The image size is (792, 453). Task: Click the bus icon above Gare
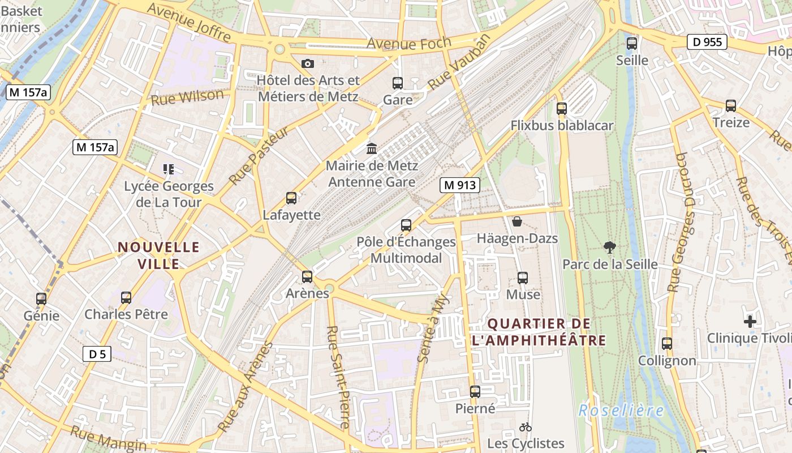pyautogui.click(x=398, y=83)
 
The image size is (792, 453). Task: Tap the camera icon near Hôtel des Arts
pyautogui.click(x=307, y=63)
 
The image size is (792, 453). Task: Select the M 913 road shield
pyautogui.click(x=460, y=185)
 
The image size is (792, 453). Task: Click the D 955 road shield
pyautogui.click(x=707, y=42)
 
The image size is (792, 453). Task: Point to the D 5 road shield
pyautogui.click(x=97, y=354)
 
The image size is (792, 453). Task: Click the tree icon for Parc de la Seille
pyautogui.click(x=609, y=247)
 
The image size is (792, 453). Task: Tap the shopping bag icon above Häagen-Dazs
pyautogui.click(x=516, y=221)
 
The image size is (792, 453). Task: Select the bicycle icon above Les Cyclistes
pyautogui.click(x=525, y=427)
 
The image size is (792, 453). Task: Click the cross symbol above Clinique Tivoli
pyautogui.click(x=750, y=322)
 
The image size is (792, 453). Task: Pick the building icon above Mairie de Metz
pyautogui.click(x=372, y=148)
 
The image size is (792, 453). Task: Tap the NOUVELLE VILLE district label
pyautogui.click(x=158, y=255)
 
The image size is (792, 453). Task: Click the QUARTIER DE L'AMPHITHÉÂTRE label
pyautogui.click(x=539, y=332)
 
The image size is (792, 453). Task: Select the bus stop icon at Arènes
pyautogui.click(x=307, y=276)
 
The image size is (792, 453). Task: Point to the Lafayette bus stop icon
pyautogui.click(x=291, y=198)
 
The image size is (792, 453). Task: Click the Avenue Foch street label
pyautogui.click(x=408, y=43)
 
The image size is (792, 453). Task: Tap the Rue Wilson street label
pyautogui.click(x=187, y=97)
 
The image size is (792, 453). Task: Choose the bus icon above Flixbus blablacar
pyautogui.click(x=561, y=108)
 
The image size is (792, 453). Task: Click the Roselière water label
pyautogui.click(x=621, y=411)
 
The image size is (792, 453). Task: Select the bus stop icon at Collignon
pyautogui.click(x=667, y=343)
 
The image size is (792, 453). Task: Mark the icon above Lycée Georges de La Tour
pyautogui.click(x=168, y=169)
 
